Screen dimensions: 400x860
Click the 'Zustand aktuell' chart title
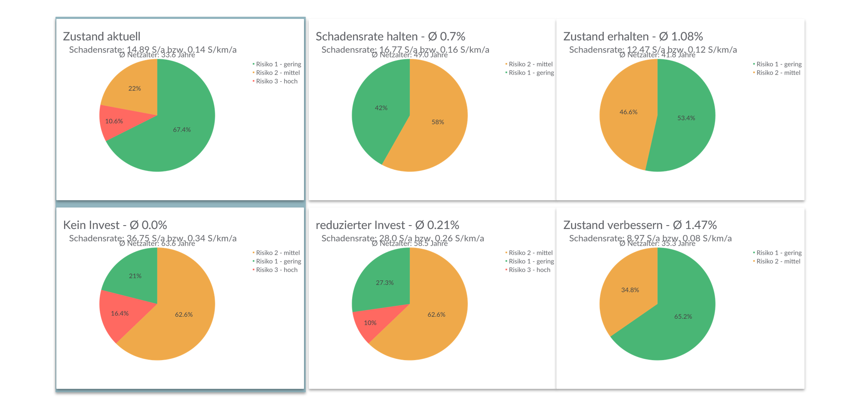tap(101, 37)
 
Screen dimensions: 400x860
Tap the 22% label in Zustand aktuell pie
tap(135, 89)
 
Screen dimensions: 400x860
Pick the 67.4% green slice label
tap(182, 130)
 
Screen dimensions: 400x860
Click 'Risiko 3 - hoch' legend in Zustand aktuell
tap(276, 81)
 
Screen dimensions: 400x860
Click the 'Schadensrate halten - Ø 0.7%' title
tap(390, 37)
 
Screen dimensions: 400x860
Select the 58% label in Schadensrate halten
tap(438, 122)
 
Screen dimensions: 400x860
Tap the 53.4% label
tap(686, 118)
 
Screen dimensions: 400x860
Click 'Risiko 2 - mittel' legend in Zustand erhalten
tap(778, 73)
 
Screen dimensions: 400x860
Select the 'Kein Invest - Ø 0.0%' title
tap(115, 225)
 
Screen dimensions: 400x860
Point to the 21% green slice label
tap(135, 276)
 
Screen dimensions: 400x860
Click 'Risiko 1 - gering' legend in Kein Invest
tap(278, 261)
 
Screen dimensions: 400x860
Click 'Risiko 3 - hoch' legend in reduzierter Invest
tap(529, 270)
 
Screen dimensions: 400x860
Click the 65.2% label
tap(683, 317)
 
